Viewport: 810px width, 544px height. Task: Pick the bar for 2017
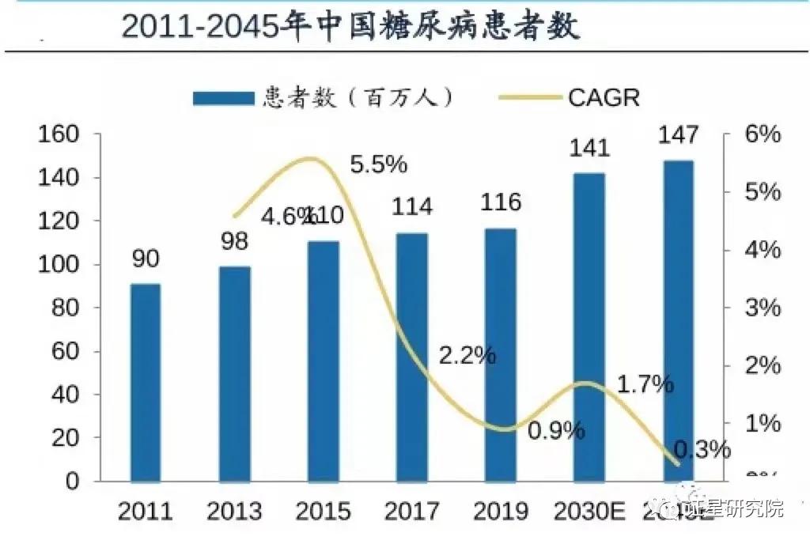point(411,357)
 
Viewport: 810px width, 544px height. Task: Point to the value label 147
point(678,134)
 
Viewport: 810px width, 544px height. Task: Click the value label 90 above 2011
point(146,258)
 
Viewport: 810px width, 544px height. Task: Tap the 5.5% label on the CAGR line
point(378,164)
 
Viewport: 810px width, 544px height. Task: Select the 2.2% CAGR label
point(467,355)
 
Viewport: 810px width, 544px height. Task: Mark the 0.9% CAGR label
point(556,431)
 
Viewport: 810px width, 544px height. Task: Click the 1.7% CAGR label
point(645,385)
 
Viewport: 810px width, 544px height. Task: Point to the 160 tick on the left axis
point(59,134)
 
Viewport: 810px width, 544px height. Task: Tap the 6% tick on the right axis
point(760,134)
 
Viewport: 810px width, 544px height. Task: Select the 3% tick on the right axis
point(760,308)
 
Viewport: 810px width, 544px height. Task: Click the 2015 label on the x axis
point(323,511)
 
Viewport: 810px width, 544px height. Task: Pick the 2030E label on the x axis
point(589,511)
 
